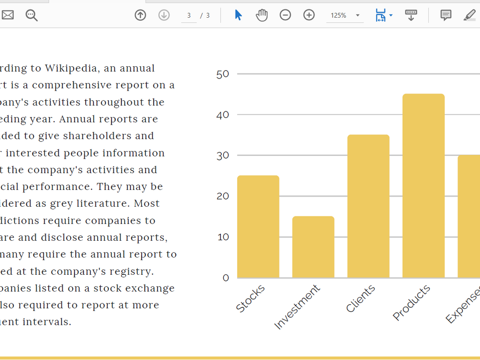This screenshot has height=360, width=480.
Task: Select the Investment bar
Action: [313, 247]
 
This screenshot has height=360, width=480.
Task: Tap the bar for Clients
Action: [368, 206]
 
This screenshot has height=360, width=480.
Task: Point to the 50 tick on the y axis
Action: [223, 74]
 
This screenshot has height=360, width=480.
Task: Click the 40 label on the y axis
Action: [223, 115]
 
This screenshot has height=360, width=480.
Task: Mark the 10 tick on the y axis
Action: [223, 237]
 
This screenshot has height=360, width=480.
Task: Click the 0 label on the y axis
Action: [226, 278]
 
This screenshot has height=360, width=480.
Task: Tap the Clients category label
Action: [360, 299]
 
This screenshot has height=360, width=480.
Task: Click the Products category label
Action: [411, 303]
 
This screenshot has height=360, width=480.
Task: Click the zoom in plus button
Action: [309, 15]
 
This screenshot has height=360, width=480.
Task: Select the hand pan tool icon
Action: [262, 15]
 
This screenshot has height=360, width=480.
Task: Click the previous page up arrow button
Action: [140, 15]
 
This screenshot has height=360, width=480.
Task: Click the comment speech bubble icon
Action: [446, 15]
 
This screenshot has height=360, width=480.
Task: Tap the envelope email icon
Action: [8, 15]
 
